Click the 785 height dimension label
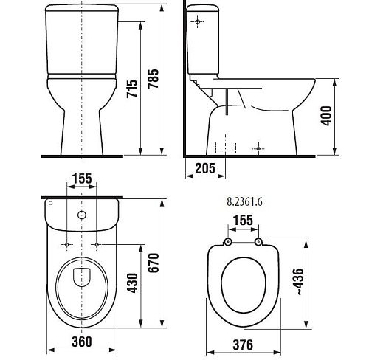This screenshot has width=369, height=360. coord(154,79)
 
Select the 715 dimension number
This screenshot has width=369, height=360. coord(132,89)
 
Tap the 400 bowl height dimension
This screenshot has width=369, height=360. coord(326,116)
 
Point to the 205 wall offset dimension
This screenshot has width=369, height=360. coord(205,168)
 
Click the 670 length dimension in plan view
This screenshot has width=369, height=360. coord(154,263)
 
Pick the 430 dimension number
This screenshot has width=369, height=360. coord(132,283)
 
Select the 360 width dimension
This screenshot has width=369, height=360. coord(82,342)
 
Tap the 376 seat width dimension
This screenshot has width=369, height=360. coord(243,345)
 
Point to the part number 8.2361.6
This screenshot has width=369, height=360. coord(244,202)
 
